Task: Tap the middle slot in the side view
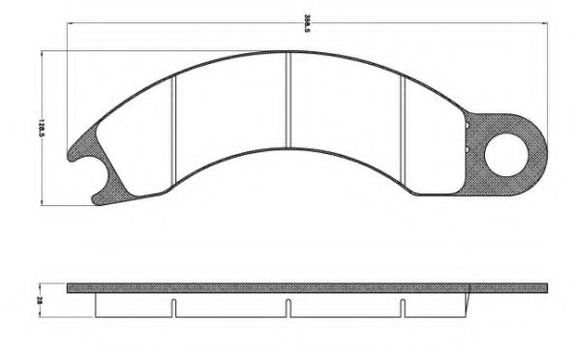288,308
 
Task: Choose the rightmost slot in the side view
402,308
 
